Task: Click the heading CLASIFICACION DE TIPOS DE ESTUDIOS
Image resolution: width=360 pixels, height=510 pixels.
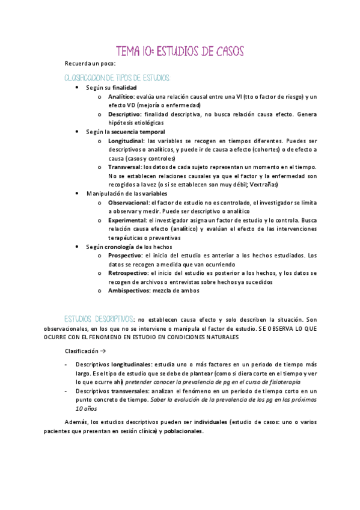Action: pos(117,78)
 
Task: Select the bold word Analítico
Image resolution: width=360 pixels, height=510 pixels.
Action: pos(121,97)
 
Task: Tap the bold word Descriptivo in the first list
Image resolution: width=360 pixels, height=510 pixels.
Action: pos(124,114)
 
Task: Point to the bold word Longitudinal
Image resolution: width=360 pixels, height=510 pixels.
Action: pos(126,140)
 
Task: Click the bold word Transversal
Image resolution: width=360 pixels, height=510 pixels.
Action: pos(124,167)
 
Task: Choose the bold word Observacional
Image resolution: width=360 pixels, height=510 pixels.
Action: pos(128,203)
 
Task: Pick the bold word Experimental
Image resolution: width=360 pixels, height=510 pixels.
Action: pos(127,220)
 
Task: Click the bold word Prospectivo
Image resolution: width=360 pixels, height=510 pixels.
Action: pos(126,256)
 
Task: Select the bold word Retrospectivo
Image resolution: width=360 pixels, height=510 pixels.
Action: pos(128,273)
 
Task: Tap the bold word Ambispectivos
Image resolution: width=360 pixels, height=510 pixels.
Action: pos(128,290)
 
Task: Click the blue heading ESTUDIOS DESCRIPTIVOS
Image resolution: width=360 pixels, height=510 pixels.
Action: pos(100,319)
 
